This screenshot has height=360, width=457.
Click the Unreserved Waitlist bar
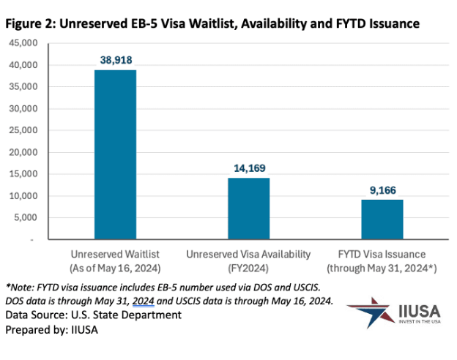click(115, 154)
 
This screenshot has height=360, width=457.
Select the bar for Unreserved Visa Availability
click(248, 209)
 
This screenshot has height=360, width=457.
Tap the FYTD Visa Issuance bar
click(382, 220)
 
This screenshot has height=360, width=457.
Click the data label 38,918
click(115, 58)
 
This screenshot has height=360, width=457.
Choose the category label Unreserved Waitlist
click(115, 254)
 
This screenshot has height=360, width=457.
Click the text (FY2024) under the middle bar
click(249, 267)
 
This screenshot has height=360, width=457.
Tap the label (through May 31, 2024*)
click(382, 267)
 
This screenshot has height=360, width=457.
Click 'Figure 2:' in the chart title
click(30, 23)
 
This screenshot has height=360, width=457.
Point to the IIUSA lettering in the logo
click(420, 312)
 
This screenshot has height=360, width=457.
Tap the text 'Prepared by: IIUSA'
click(51, 330)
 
